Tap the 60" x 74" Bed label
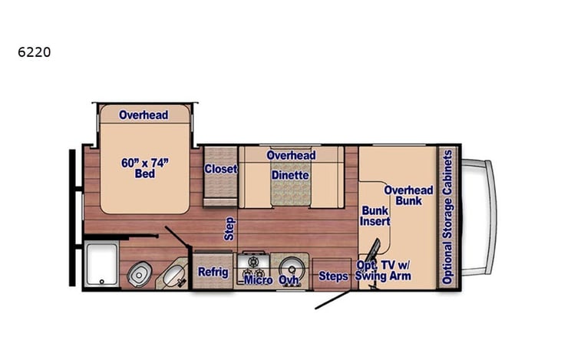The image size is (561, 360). [x=144, y=167]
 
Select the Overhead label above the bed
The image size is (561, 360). [x=144, y=115]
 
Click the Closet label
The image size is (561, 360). [x=220, y=170]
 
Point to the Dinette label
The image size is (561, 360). [x=290, y=175]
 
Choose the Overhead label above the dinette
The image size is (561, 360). [x=291, y=155]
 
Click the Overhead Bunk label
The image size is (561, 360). [x=408, y=195]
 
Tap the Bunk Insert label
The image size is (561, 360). [x=375, y=215]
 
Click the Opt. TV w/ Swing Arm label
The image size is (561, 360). [x=383, y=271]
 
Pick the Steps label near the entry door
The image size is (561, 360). [x=333, y=276]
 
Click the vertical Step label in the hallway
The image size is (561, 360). [x=229, y=229]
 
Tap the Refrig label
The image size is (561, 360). [x=213, y=272]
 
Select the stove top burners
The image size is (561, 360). [x=253, y=266]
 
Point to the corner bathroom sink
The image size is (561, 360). [x=173, y=273]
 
